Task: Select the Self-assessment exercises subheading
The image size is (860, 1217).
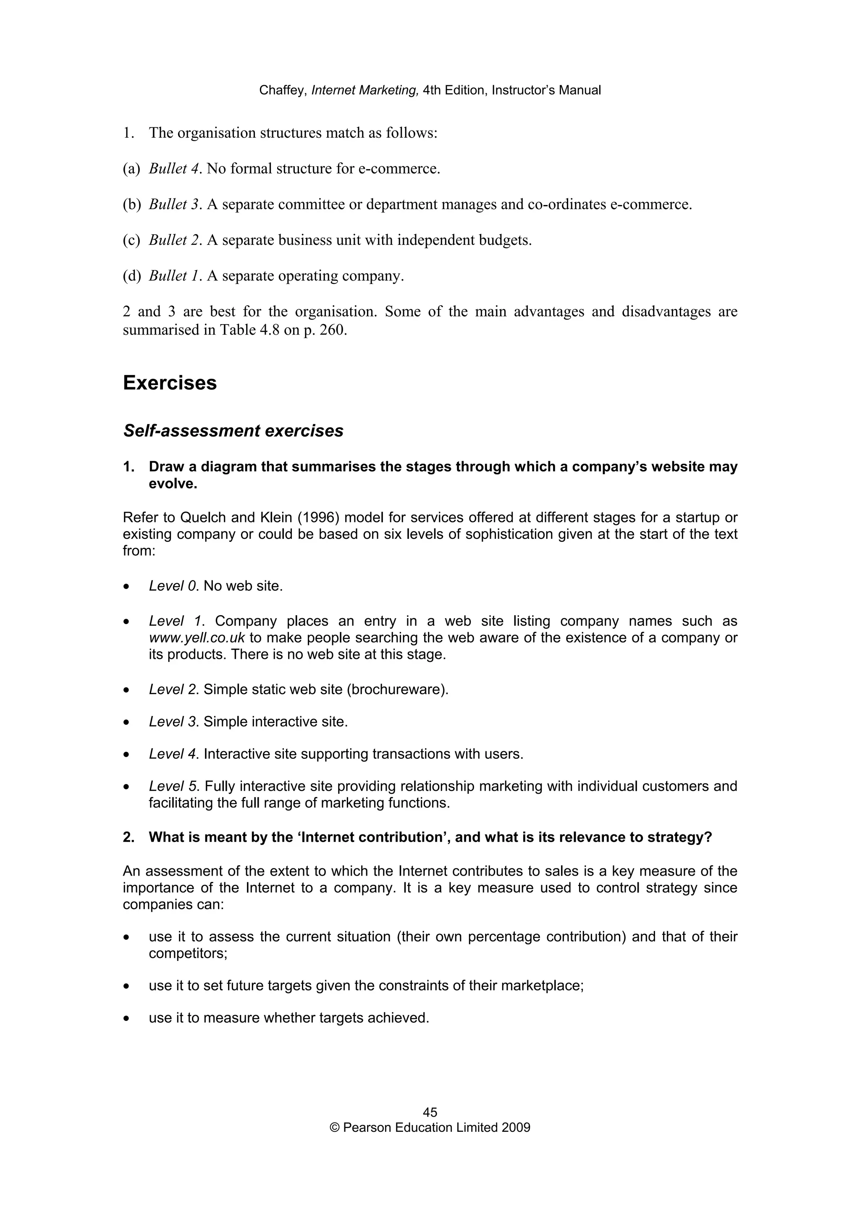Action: coord(233,431)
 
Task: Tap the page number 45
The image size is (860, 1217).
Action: coord(430,1112)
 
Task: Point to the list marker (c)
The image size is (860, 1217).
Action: coord(131,241)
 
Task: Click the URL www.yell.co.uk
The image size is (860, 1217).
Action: coord(197,637)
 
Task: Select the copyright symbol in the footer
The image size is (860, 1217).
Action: coord(334,1128)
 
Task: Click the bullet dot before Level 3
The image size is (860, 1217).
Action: coord(126,722)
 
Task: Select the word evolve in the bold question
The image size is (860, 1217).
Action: coord(172,484)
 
